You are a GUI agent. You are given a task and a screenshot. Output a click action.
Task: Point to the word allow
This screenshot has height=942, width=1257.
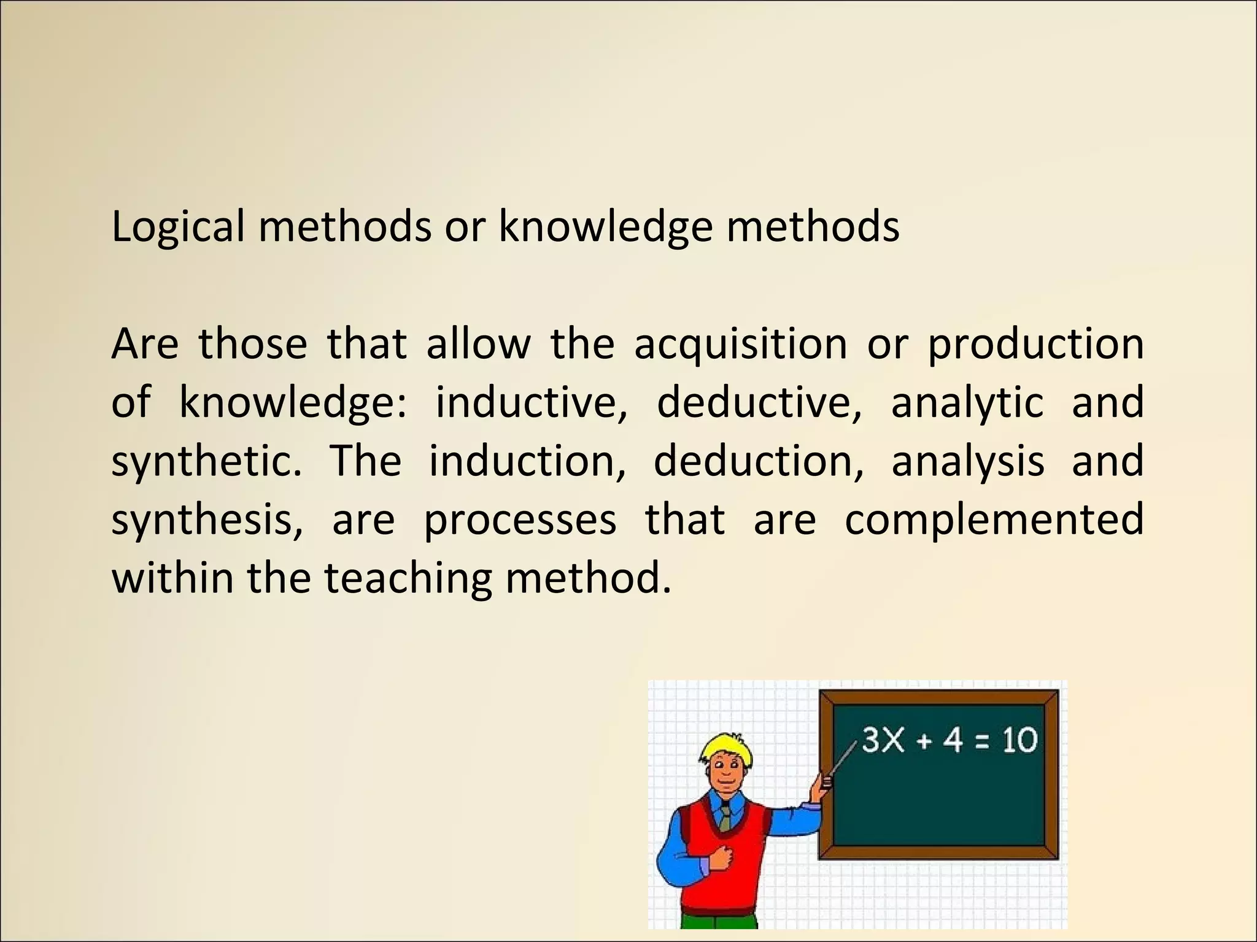point(478,345)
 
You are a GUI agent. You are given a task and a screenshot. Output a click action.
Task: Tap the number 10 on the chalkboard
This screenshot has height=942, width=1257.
point(1019,740)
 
